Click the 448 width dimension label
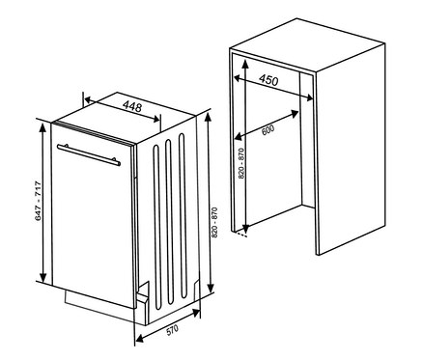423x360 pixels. [x=132, y=106]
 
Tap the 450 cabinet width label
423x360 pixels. [x=268, y=80]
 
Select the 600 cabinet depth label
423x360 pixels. [x=268, y=130]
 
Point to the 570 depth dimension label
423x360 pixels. [x=172, y=330]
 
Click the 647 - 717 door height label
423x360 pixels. [x=39, y=201]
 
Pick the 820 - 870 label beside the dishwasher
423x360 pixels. [x=214, y=223]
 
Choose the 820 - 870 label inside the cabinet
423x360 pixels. [x=241, y=163]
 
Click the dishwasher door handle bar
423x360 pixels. [x=89, y=155]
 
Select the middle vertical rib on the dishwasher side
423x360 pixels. [x=169, y=221]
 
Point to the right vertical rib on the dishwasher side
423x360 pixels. [x=183, y=216]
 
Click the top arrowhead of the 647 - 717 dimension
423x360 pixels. [x=42, y=127]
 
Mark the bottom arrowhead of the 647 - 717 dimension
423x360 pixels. [x=42, y=277]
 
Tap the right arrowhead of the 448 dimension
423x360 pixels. [x=156, y=119]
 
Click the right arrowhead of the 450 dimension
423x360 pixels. [x=309, y=97]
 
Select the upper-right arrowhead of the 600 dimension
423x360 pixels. [x=294, y=113]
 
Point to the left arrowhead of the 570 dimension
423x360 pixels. [x=140, y=339]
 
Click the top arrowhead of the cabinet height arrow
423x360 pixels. [x=245, y=64]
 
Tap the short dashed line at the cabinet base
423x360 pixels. [x=240, y=235]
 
